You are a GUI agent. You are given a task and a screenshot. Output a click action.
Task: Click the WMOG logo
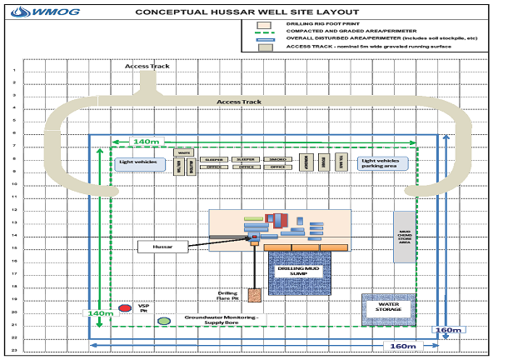click(x=31, y=12)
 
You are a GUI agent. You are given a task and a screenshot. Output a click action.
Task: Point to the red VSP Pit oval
click(x=125, y=307)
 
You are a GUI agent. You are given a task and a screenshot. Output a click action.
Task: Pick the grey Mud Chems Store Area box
click(x=404, y=237)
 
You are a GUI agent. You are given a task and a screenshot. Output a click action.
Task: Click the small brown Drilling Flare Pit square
click(x=255, y=294)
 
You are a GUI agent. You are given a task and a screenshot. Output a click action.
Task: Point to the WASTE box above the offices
click(x=186, y=152)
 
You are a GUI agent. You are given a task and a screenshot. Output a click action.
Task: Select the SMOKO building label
click(x=277, y=157)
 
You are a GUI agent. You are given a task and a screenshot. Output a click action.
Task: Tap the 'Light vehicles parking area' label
click(x=383, y=163)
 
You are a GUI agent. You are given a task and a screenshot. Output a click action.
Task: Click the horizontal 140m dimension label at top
click(x=147, y=142)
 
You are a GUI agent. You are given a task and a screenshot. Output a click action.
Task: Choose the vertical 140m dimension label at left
click(x=97, y=313)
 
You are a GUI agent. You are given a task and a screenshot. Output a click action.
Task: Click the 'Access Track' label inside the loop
click(x=239, y=102)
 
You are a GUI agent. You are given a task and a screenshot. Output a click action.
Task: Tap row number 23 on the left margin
click(x=14, y=350)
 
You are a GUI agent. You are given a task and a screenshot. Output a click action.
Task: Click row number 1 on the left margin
click(x=14, y=70)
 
